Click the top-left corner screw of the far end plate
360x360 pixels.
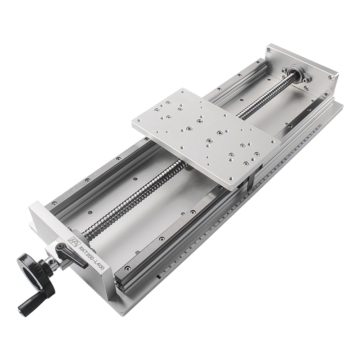point(270,50)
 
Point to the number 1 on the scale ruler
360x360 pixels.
point(165,272)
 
